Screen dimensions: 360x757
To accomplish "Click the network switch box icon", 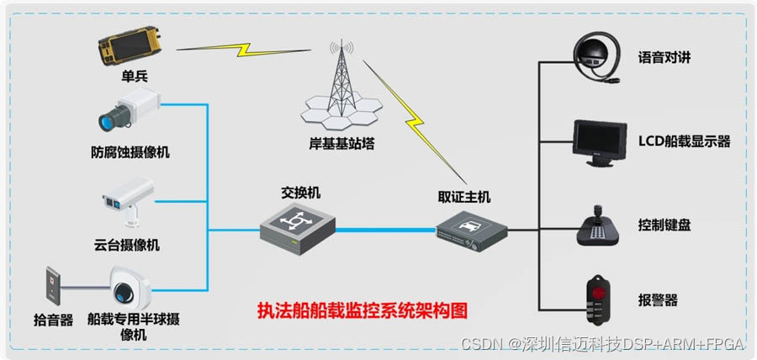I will pos(296,225).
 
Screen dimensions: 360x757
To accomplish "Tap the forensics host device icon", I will pos(472,229).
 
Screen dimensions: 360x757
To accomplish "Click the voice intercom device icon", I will pos(598,57).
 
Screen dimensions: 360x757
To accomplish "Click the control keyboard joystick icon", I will pos(598,224).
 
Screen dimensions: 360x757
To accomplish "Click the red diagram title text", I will pos(361,309).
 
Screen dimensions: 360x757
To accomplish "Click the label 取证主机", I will pos(463,198).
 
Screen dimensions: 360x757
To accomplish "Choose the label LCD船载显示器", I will pos(684,141).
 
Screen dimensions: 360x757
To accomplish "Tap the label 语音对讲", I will pos(663,58).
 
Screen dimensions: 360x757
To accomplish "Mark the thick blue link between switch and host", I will pos(385,229).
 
